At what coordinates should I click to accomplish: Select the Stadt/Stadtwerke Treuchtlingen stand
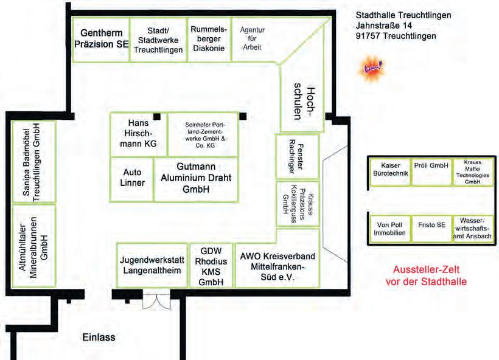158,40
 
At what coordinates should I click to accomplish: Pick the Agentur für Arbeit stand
252,38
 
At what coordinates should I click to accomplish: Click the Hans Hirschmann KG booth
139,134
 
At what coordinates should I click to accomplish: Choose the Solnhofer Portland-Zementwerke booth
205,134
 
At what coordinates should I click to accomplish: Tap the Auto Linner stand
133,178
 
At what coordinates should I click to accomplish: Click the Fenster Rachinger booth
297,148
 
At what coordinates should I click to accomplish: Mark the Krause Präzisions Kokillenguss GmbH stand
297,202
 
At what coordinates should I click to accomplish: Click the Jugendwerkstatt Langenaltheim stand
152,265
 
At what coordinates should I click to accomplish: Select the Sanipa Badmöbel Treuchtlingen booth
34,161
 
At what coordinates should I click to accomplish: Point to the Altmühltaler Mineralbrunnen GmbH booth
34,245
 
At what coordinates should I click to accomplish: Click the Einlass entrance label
99,337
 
